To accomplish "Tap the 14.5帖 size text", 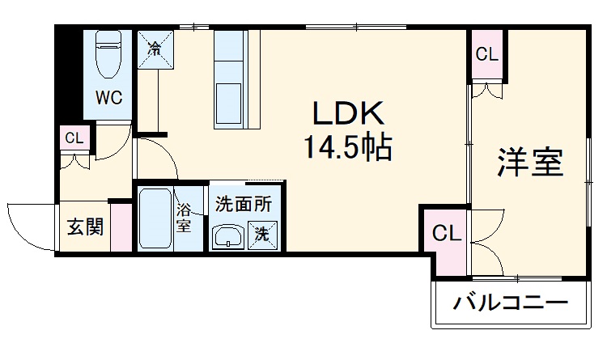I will [348, 148].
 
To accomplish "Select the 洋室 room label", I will [529, 163].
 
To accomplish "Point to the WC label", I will [109, 98].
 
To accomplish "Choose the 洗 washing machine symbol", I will [261, 235].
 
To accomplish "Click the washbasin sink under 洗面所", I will [229, 237].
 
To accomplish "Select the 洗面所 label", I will [243, 205].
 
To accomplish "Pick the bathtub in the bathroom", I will [155, 218].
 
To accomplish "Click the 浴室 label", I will [185, 218].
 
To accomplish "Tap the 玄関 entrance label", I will [84, 227].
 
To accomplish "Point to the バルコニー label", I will [509, 305].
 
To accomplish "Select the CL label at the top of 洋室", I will [486, 55].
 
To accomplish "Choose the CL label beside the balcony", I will [446, 235].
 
